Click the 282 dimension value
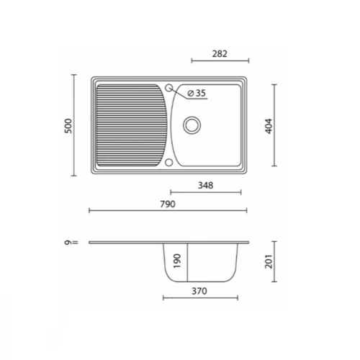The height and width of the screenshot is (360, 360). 220,54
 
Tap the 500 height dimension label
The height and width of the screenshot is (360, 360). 68,126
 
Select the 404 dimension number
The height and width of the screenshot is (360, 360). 269,126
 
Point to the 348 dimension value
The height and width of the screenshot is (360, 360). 205,185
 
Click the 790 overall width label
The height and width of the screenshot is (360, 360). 168,204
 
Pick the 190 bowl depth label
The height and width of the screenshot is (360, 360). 177,261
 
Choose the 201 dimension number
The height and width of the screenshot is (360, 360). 269,261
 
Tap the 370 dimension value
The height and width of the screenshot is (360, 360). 199,291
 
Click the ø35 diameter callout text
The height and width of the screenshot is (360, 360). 197,93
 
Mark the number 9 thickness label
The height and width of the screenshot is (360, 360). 68,243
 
